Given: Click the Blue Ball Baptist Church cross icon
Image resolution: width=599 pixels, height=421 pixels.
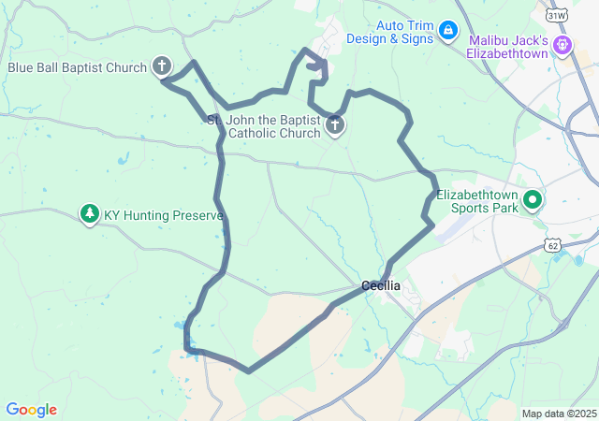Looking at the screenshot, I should pyautogui.click(x=162, y=66).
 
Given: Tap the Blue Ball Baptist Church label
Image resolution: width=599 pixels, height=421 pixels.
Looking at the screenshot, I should pyautogui.click(x=78, y=67).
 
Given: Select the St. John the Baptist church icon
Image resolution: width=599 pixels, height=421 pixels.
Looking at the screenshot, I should pyautogui.click(x=334, y=125).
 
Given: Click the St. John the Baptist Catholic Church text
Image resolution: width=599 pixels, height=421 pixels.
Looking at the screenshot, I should pyautogui.click(x=263, y=127).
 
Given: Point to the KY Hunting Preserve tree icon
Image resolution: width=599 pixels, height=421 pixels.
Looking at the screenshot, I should pyautogui.click(x=90, y=214).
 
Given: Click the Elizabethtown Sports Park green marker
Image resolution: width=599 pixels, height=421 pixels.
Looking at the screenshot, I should pyautogui.click(x=533, y=198).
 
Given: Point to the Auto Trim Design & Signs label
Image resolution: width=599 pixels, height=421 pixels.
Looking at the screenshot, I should pyautogui.click(x=390, y=32).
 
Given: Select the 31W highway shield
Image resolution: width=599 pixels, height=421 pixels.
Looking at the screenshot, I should pyautogui.click(x=557, y=16).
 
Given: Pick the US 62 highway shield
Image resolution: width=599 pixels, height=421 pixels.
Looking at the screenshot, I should pyautogui.click(x=553, y=244).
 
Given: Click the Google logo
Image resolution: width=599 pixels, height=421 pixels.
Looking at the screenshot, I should pyautogui.click(x=31, y=410).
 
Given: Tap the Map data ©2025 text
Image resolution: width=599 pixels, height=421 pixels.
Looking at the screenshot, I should pyautogui.click(x=559, y=414).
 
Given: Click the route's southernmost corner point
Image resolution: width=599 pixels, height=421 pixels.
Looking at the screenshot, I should pyautogui.click(x=248, y=370).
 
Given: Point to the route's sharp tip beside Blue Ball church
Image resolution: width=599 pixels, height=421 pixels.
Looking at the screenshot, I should pyautogui.click(x=163, y=80).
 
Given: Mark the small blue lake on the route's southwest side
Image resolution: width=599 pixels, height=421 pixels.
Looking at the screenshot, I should pyautogui.click(x=179, y=326).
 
